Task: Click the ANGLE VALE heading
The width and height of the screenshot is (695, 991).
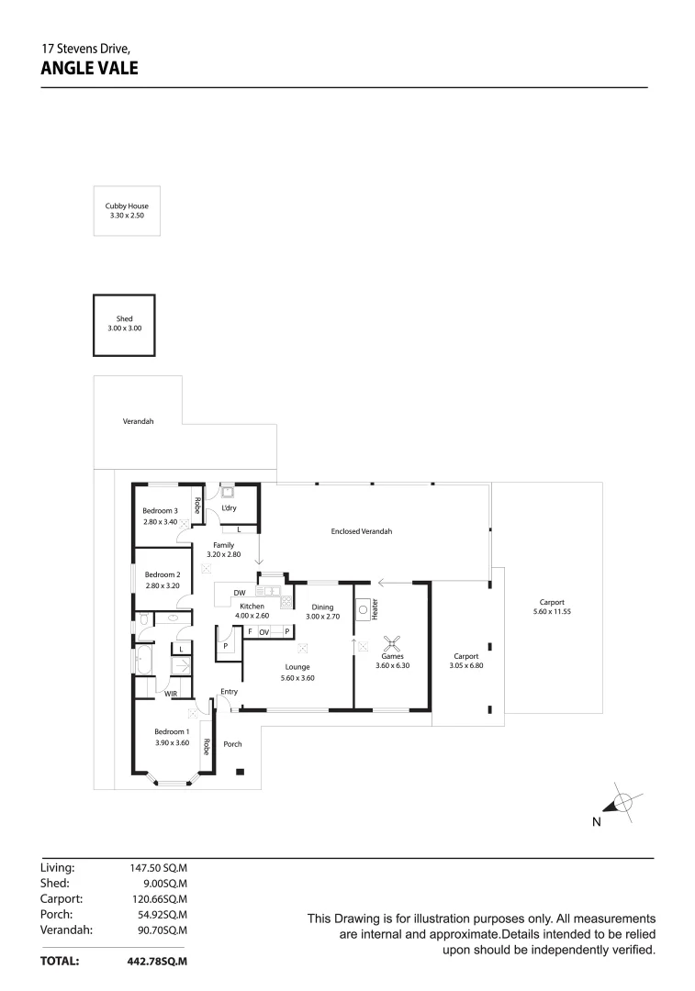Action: pyautogui.click(x=89, y=67)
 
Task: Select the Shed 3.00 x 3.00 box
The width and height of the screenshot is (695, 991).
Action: pyautogui.click(x=124, y=325)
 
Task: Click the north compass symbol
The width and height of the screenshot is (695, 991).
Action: pyautogui.click(x=622, y=803)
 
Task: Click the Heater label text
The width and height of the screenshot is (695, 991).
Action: pyautogui.click(x=376, y=608)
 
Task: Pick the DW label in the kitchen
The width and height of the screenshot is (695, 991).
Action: pyautogui.click(x=239, y=594)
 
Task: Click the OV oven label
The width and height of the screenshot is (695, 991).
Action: pyautogui.click(x=263, y=632)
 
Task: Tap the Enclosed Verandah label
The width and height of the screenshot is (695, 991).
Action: pyautogui.click(x=362, y=531)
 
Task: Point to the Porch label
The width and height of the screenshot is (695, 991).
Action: pyautogui.click(x=233, y=744)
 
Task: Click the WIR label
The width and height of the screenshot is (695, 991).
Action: pyautogui.click(x=171, y=694)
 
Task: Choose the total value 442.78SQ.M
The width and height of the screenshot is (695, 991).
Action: pyautogui.click(x=157, y=961)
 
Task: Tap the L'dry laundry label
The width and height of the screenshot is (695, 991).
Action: pyautogui.click(x=229, y=507)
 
